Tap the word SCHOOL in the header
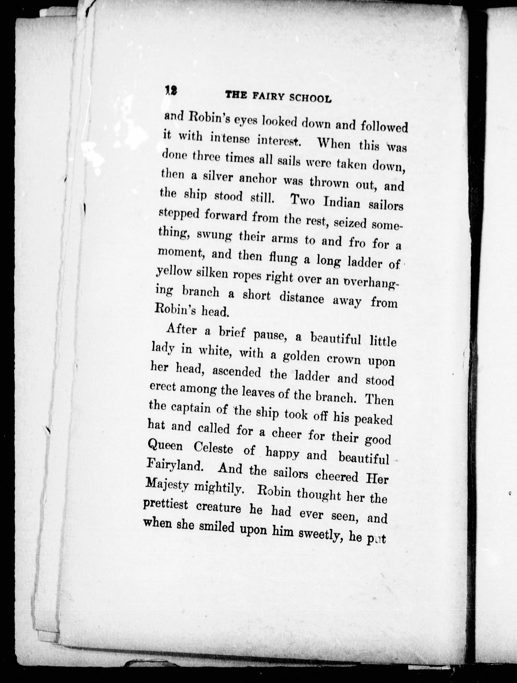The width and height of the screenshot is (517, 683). coord(310,98)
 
